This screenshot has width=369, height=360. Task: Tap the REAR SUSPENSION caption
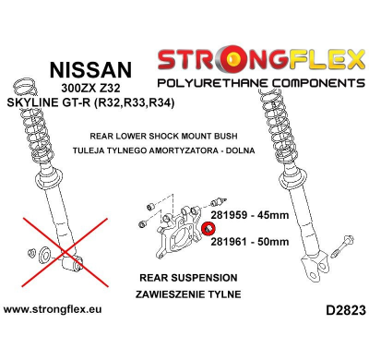point(187,277)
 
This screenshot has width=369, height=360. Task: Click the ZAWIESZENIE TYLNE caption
point(187,294)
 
